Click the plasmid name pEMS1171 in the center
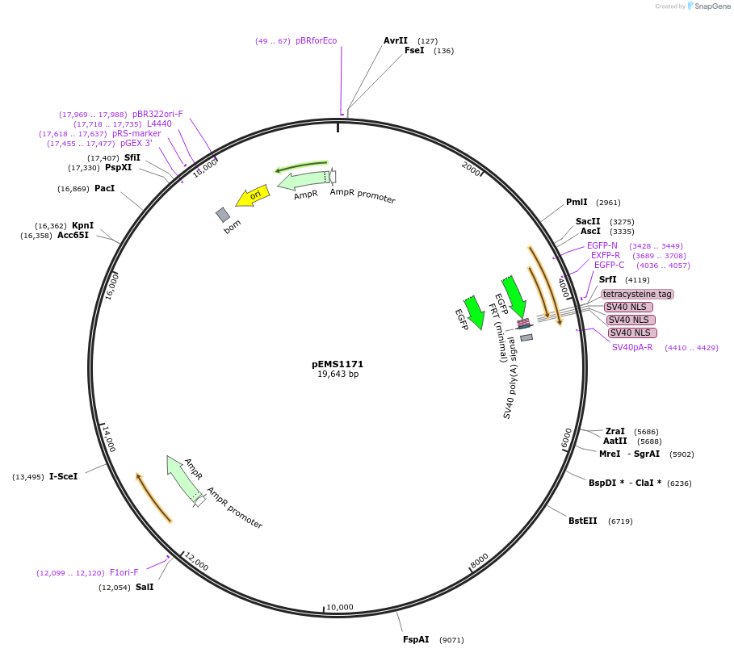tap(338, 364)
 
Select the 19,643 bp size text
tap(338, 375)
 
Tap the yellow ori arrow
tap(253, 196)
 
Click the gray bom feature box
tap(223, 215)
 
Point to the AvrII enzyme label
tap(396, 40)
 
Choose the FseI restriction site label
tap(414, 50)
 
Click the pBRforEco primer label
tap(316, 40)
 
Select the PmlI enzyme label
tap(577, 202)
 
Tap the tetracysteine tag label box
tap(637, 294)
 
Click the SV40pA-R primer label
tap(632, 347)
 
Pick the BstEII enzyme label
tap(583, 521)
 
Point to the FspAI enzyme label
tap(416, 639)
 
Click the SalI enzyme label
tap(145, 587)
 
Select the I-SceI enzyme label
tap(63, 476)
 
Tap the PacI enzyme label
tap(104, 188)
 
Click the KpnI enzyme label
tap(82, 225)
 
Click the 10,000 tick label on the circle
tap(340, 607)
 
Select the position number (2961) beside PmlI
tap(608, 203)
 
